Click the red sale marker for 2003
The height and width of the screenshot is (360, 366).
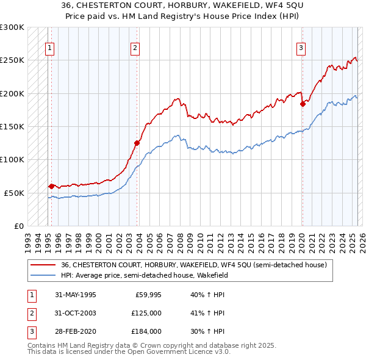pyautogui.click(x=137, y=143)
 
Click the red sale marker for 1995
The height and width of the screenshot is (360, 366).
pyautogui.click(x=51, y=185)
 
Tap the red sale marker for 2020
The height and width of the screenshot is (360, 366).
pyautogui.click(x=303, y=104)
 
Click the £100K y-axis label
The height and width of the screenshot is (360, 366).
pyautogui.click(x=12, y=159)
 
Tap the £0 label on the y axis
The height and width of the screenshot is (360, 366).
pyautogui.click(x=18, y=226)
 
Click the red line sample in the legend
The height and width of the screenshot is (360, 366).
pyautogui.click(x=43, y=265)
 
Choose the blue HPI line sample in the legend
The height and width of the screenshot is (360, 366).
pyautogui.click(x=43, y=275)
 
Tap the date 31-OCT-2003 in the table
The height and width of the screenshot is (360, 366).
pyautogui.click(x=76, y=313)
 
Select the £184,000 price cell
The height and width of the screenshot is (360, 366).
pyautogui.click(x=146, y=331)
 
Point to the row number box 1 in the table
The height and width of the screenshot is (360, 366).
pyautogui.click(x=29, y=295)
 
